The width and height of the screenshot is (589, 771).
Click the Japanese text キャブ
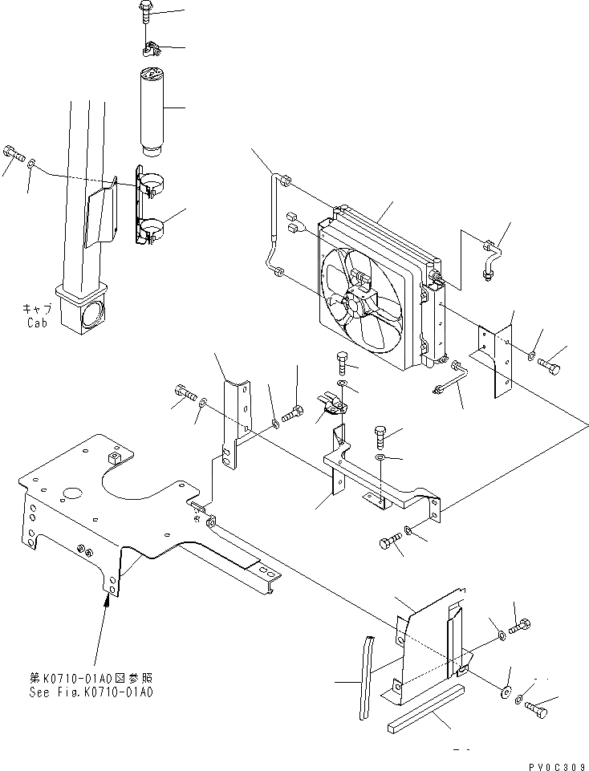[x=37, y=308]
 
